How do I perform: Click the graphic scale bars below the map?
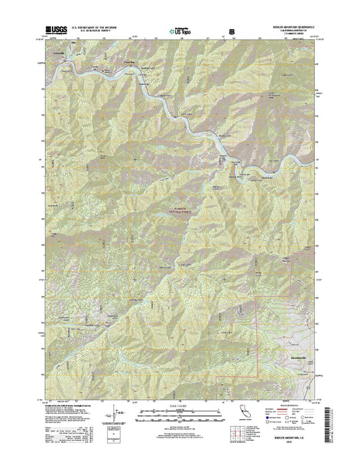pos(180,413)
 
